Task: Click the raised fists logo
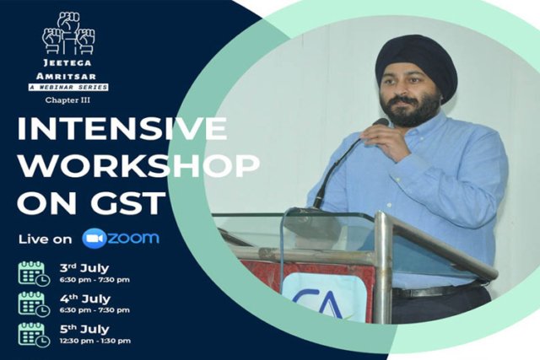pos(68,34)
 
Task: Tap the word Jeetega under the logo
pos(67,63)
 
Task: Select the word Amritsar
pos(66,76)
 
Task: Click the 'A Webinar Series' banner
pos(68,87)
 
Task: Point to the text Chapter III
pos(67,100)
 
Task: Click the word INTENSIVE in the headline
pos(122,129)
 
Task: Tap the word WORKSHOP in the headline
pos(138,165)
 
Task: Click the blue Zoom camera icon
pos(94,239)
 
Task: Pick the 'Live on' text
pos(45,239)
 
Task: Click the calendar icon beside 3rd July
pos(34,274)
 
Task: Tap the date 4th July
pos(84,298)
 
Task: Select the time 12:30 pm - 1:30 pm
pos(95,341)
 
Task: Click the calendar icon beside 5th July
pos(34,335)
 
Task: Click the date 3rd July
pos(84,268)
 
